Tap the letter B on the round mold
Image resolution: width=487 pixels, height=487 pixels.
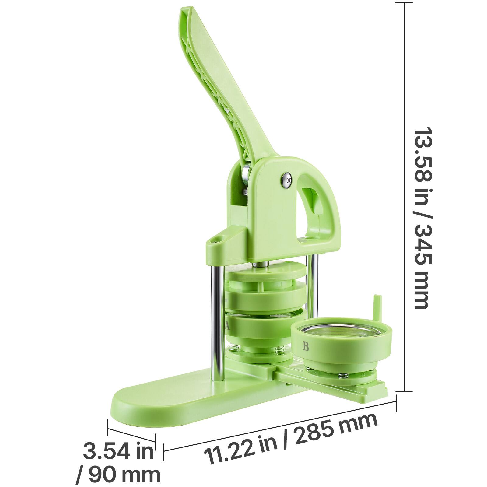[306, 346]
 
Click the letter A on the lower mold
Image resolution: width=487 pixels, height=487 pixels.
[227, 326]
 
